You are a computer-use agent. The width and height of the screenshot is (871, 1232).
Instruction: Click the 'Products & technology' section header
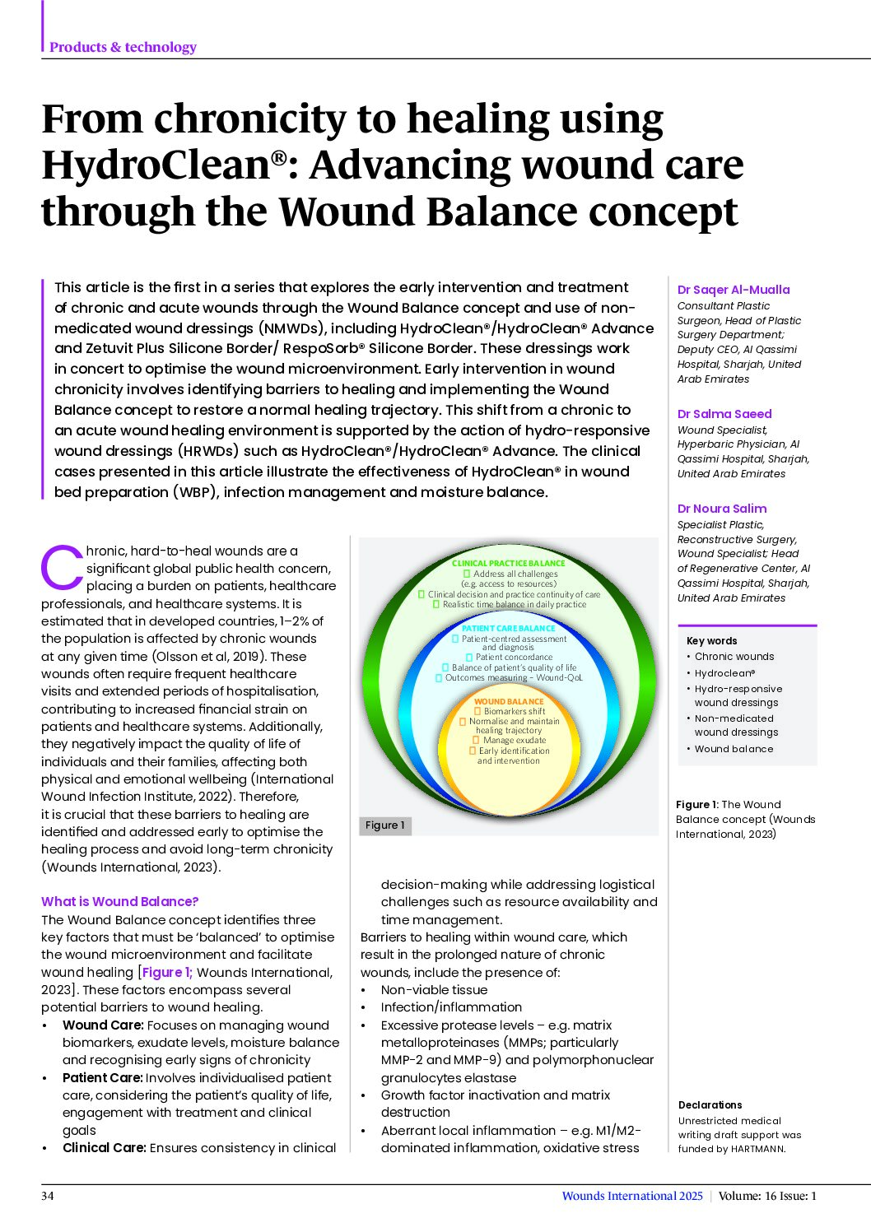pyautogui.click(x=123, y=47)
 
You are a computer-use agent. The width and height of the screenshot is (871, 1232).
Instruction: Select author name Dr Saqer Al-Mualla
pyautogui.click(x=733, y=290)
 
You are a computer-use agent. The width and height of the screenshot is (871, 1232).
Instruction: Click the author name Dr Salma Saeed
pyautogui.click(x=724, y=414)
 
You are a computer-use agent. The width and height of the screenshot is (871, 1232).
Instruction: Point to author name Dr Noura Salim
pyautogui.click(x=722, y=509)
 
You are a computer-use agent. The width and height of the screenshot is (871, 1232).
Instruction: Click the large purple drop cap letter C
pyautogui.click(x=62, y=566)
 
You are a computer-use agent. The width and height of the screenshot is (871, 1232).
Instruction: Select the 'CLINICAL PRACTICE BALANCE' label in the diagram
pyautogui.click(x=508, y=563)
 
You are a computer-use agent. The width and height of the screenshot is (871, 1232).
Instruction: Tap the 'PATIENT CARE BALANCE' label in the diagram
pyautogui.click(x=509, y=628)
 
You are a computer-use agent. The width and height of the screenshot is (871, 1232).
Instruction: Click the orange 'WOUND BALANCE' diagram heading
pyautogui.click(x=509, y=701)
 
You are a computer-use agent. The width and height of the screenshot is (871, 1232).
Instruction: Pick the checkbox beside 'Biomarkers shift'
pyautogui.click(x=477, y=711)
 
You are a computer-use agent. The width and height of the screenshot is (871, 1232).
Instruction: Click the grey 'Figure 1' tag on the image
pyautogui.click(x=384, y=825)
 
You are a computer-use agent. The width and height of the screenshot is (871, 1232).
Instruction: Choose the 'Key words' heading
pyautogui.click(x=711, y=641)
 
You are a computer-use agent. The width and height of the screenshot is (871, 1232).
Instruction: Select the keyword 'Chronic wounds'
pyautogui.click(x=734, y=657)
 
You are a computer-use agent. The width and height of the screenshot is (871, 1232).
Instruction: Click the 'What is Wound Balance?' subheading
pyautogui.click(x=119, y=901)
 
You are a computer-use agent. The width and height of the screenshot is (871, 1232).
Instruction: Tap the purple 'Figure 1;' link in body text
pyautogui.click(x=167, y=973)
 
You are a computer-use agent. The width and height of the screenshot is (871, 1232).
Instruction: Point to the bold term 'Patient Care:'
pyautogui.click(x=102, y=1077)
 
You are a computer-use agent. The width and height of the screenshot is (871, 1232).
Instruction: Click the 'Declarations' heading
pyautogui.click(x=710, y=1105)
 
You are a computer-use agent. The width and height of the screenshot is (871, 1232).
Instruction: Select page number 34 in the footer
pyautogui.click(x=47, y=1196)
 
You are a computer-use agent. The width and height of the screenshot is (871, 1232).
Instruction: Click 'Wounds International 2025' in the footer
pyautogui.click(x=632, y=1196)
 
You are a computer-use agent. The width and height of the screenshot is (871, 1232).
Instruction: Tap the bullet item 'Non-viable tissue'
pyautogui.click(x=434, y=990)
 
